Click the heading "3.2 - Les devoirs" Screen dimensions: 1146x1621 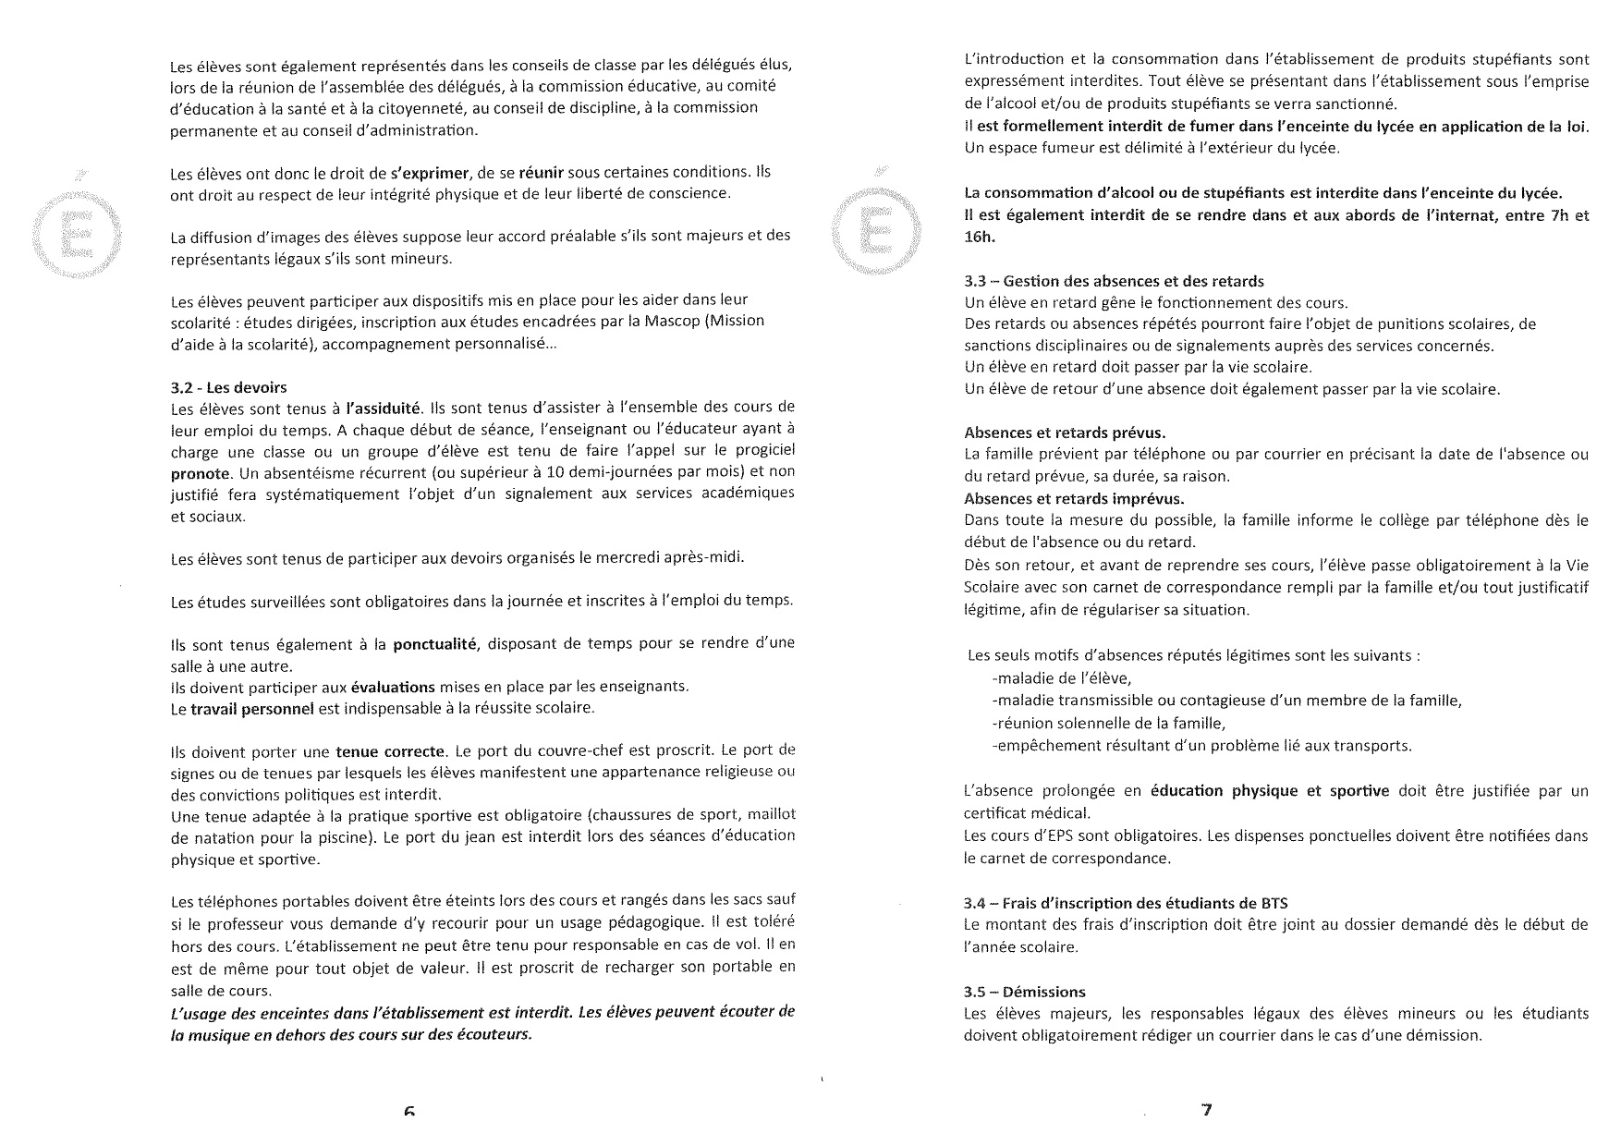click(x=229, y=386)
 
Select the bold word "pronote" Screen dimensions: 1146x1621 click(x=200, y=473)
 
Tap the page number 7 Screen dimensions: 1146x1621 click(x=1205, y=1110)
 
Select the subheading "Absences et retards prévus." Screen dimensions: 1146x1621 click(x=1065, y=433)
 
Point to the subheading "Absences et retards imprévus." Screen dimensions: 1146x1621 click(x=1074, y=499)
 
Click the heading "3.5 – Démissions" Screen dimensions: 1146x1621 click(x=1024, y=993)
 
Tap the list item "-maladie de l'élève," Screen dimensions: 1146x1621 click(x=1061, y=678)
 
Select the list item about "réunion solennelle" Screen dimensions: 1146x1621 click(x=1108, y=723)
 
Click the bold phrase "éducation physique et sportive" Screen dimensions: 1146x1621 click(x=1270, y=791)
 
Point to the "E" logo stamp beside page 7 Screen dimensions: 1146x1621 click(x=875, y=226)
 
